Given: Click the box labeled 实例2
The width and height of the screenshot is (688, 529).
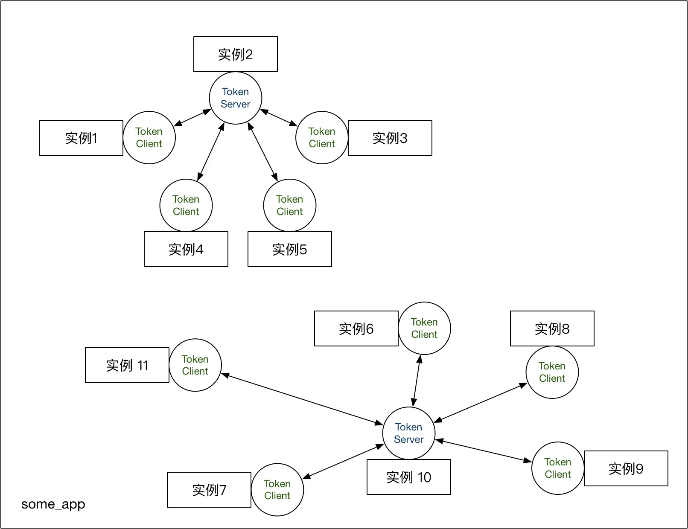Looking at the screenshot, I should (235, 54).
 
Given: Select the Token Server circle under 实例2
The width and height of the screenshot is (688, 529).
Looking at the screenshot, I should (235, 98).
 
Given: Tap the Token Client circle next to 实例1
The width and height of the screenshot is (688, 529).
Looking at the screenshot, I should (149, 137).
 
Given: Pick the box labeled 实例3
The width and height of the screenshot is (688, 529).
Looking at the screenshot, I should (390, 138).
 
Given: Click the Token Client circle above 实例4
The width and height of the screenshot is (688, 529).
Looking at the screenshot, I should (186, 205).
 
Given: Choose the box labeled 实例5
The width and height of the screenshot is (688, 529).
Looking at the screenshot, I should (289, 249).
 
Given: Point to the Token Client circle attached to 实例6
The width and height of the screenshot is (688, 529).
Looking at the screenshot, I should (424, 328).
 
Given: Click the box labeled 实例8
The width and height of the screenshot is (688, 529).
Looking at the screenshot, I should (552, 328).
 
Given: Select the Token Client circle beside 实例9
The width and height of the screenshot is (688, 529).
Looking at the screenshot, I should (557, 468).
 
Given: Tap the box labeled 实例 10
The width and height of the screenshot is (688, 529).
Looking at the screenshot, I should (408, 477).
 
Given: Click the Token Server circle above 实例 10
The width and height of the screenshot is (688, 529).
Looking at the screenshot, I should (408, 433).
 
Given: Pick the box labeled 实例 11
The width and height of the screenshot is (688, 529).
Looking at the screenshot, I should (127, 365).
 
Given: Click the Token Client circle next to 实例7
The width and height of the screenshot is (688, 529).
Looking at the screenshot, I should (277, 490).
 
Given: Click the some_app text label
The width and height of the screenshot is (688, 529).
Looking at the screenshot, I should (53, 504).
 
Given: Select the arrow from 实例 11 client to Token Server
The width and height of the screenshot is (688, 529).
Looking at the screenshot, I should (302, 399).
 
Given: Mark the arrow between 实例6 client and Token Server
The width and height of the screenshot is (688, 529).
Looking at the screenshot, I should (417, 381).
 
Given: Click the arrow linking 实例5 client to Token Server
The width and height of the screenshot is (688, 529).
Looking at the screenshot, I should (263, 151).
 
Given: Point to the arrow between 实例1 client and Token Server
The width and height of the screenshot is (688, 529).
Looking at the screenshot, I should (192, 118).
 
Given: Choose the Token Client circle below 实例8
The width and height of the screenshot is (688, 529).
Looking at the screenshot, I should (552, 372).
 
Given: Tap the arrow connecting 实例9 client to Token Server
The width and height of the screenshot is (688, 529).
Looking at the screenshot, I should (483, 451).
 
